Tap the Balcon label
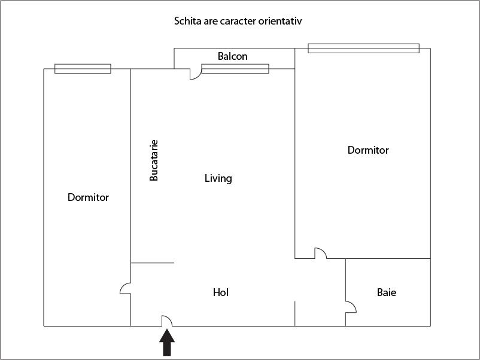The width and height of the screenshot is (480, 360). (232, 56)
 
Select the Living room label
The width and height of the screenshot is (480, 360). (218, 178)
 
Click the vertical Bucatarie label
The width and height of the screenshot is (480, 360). (154, 160)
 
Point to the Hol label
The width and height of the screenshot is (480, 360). (221, 292)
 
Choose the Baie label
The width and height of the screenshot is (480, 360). (386, 292)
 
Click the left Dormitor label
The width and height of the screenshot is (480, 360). (88, 197)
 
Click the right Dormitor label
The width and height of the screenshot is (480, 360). (368, 150)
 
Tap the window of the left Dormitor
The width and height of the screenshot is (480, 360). (83, 69)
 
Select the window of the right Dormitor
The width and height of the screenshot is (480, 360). (363, 48)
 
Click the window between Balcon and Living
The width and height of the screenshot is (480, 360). (235, 69)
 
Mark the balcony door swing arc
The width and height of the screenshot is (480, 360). (195, 75)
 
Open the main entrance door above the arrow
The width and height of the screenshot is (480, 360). (168, 321)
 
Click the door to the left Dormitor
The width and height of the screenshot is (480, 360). (126, 288)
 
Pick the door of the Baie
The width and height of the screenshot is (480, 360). (351, 307)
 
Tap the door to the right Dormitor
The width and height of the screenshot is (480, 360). (321, 253)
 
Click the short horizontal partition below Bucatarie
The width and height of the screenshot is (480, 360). (152, 263)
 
